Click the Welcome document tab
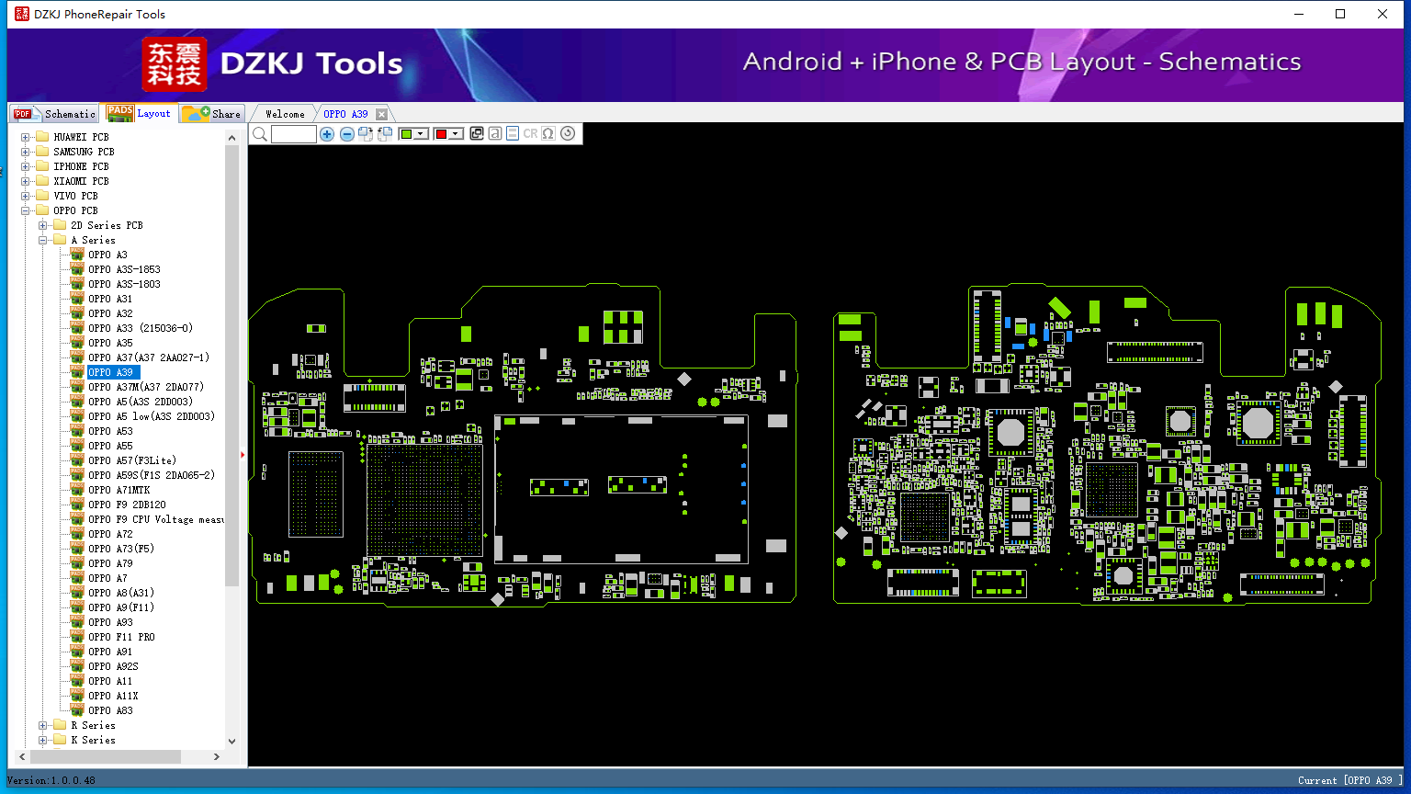[x=285, y=114]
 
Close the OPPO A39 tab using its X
[x=382, y=114]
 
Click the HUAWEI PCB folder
[x=81, y=137]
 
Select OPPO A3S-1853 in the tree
[x=124, y=269]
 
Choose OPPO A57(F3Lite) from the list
[x=132, y=460]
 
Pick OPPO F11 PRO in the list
[x=121, y=637]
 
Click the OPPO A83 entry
[x=110, y=710]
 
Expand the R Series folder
[x=43, y=725]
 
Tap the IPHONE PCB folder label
[x=81, y=166]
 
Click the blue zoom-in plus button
[x=326, y=133]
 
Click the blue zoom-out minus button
[x=346, y=133]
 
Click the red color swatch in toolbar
[x=441, y=133]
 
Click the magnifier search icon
[x=260, y=133]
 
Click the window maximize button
[x=1340, y=14]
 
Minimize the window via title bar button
[x=1299, y=14]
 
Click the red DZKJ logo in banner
[x=174, y=63]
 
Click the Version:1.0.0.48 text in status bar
[x=51, y=780]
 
